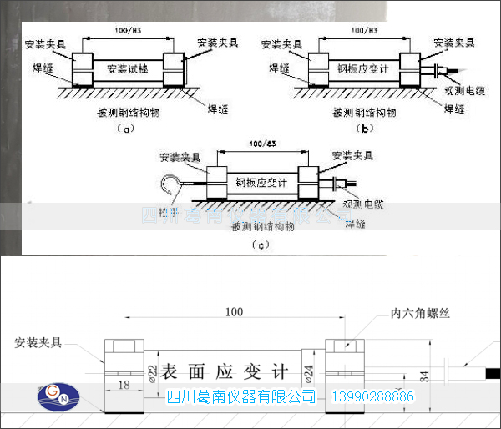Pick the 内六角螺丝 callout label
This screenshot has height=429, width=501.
[x=420, y=314]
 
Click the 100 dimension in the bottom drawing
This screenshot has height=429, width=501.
[x=234, y=311]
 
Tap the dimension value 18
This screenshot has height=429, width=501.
[x=123, y=384]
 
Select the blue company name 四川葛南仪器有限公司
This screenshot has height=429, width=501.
[x=242, y=396]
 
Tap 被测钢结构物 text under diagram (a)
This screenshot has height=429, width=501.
[x=125, y=110]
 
